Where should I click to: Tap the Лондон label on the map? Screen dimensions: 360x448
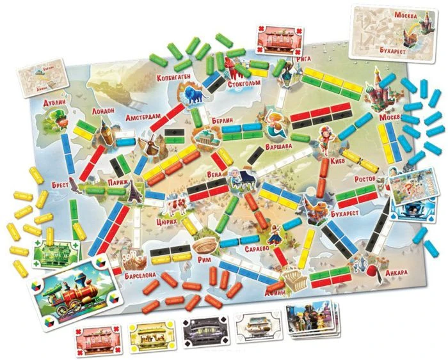point(103,111)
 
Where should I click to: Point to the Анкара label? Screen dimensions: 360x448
point(399,272)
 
